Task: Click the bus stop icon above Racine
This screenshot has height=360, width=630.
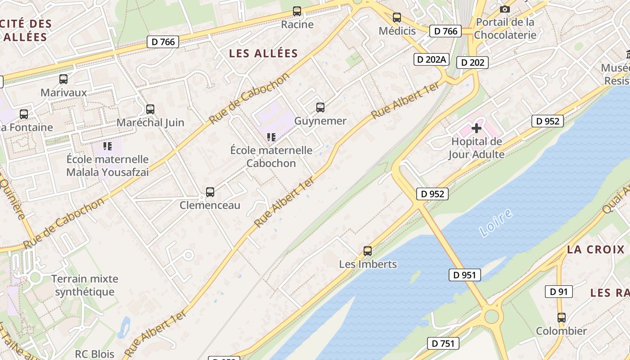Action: [x=297, y=11]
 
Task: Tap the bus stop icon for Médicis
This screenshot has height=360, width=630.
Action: [x=396, y=18]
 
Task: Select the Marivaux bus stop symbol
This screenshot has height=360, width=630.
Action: [x=63, y=79]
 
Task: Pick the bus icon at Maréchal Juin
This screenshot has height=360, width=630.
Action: [x=150, y=109]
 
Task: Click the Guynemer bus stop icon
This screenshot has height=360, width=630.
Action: [x=320, y=108]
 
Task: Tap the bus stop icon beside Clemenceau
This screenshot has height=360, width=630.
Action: [x=210, y=192]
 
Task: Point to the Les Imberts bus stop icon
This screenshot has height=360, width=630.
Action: [x=368, y=251]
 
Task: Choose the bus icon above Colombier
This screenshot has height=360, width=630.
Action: [x=561, y=318]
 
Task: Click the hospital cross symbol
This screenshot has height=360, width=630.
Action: [x=477, y=129]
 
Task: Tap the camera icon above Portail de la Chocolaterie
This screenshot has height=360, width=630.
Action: [x=505, y=9]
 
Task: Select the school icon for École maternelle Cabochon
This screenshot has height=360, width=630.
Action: [x=271, y=137]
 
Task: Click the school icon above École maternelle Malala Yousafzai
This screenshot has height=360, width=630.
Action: [x=107, y=146]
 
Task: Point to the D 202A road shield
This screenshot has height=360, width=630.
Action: [x=432, y=59]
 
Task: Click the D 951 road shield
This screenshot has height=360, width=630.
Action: [x=465, y=275]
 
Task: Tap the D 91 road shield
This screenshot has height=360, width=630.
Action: [x=559, y=292]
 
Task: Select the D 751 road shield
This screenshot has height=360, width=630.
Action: [x=443, y=343]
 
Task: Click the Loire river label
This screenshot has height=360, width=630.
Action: [x=496, y=223]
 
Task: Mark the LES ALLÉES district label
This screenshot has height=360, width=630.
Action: [x=264, y=54]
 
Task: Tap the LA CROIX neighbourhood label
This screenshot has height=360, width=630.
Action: [x=596, y=250]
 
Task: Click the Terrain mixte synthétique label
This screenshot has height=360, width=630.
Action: [x=85, y=285]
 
